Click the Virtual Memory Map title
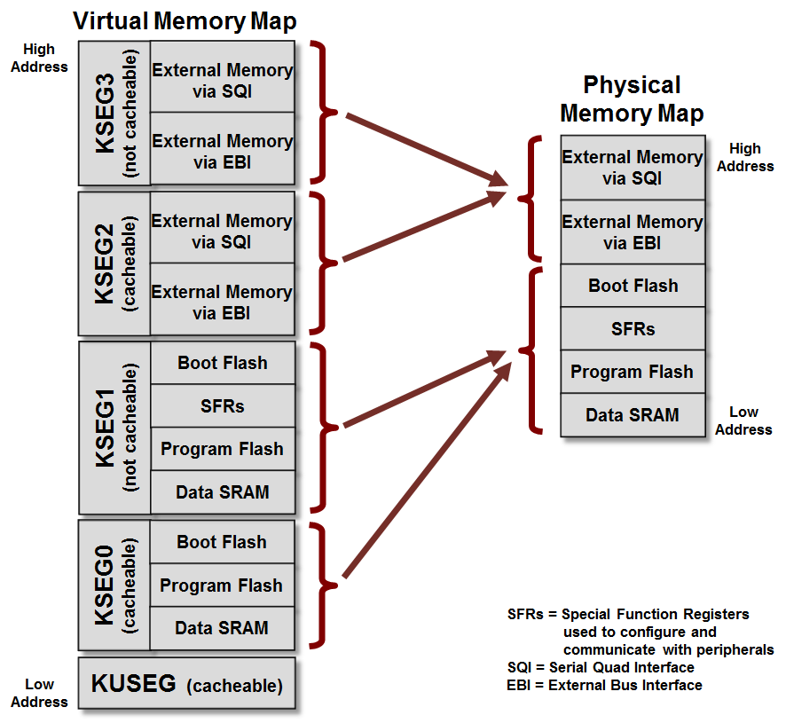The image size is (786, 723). [x=185, y=20]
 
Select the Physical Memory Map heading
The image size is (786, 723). [x=632, y=99]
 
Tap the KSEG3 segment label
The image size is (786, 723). [x=114, y=113]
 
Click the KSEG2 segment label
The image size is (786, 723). [x=114, y=263]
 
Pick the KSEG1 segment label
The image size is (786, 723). [x=114, y=428]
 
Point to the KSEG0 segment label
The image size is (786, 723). [x=114, y=585]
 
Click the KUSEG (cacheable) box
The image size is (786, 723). [x=186, y=684]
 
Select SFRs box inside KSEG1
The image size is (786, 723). [x=222, y=406]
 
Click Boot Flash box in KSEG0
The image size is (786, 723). [x=222, y=542]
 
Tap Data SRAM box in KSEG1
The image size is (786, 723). [x=222, y=492]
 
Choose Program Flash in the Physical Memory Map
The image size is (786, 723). [x=633, y=372]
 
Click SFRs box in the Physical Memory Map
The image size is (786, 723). [x=633, y=329]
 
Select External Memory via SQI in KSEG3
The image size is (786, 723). [x=222, y=80]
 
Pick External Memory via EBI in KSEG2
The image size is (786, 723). [x=222, y=302]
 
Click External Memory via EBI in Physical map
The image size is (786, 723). [x=633, y=232]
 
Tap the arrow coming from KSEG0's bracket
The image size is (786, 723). [x=426, y=470]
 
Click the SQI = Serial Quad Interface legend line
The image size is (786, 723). [x=601, y=667]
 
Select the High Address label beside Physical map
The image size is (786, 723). [x=744, y=157]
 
